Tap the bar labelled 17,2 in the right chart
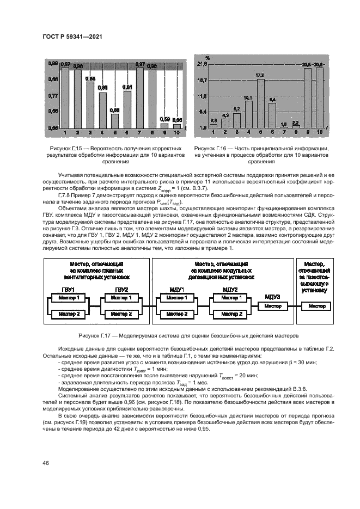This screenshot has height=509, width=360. [x=260, y=103]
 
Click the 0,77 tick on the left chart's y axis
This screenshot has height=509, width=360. [x=53, y=96]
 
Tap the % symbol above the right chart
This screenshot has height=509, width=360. [x=207, y=57]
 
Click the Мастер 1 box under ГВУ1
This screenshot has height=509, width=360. [x=69, y=298]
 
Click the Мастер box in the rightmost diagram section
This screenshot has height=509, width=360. [x=316, y=306]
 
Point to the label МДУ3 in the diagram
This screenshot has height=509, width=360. [x=272, y=296]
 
